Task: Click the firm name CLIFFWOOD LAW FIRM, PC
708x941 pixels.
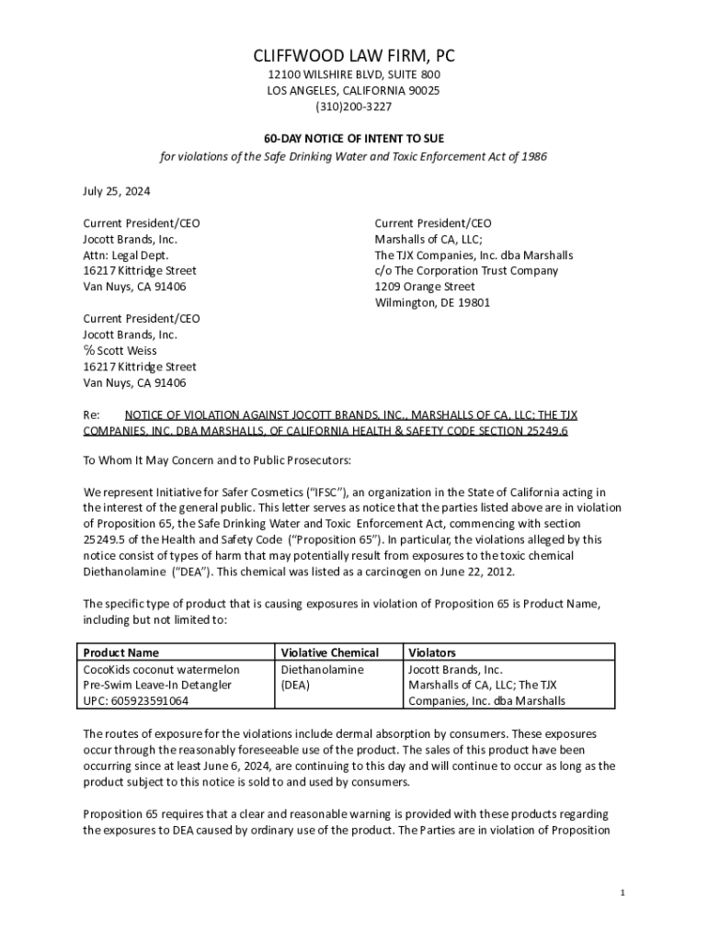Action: (x=354, y=56)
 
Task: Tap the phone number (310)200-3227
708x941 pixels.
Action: (x=354, y=107)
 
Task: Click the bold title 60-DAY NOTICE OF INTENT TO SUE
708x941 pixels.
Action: (x=354, y=138)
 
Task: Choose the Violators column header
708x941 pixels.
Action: (x=432, y=652)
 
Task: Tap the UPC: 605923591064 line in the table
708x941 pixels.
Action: (x=136, y=700)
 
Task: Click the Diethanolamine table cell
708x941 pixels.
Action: (x=322, y=670)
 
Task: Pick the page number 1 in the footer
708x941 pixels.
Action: (x=622, y=893)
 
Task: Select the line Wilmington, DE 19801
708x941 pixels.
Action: (x=432, y=302)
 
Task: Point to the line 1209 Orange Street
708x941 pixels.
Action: (x=425, y=287)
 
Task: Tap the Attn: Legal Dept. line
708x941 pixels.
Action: (x=126, y=255)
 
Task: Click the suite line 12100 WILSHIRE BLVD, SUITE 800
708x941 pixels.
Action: (x=354, y=74)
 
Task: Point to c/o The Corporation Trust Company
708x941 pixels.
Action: (x=466, y=270)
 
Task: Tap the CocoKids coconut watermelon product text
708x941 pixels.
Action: (x=161, y=670)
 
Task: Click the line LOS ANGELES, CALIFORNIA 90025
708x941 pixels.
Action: (x=354, y=90)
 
